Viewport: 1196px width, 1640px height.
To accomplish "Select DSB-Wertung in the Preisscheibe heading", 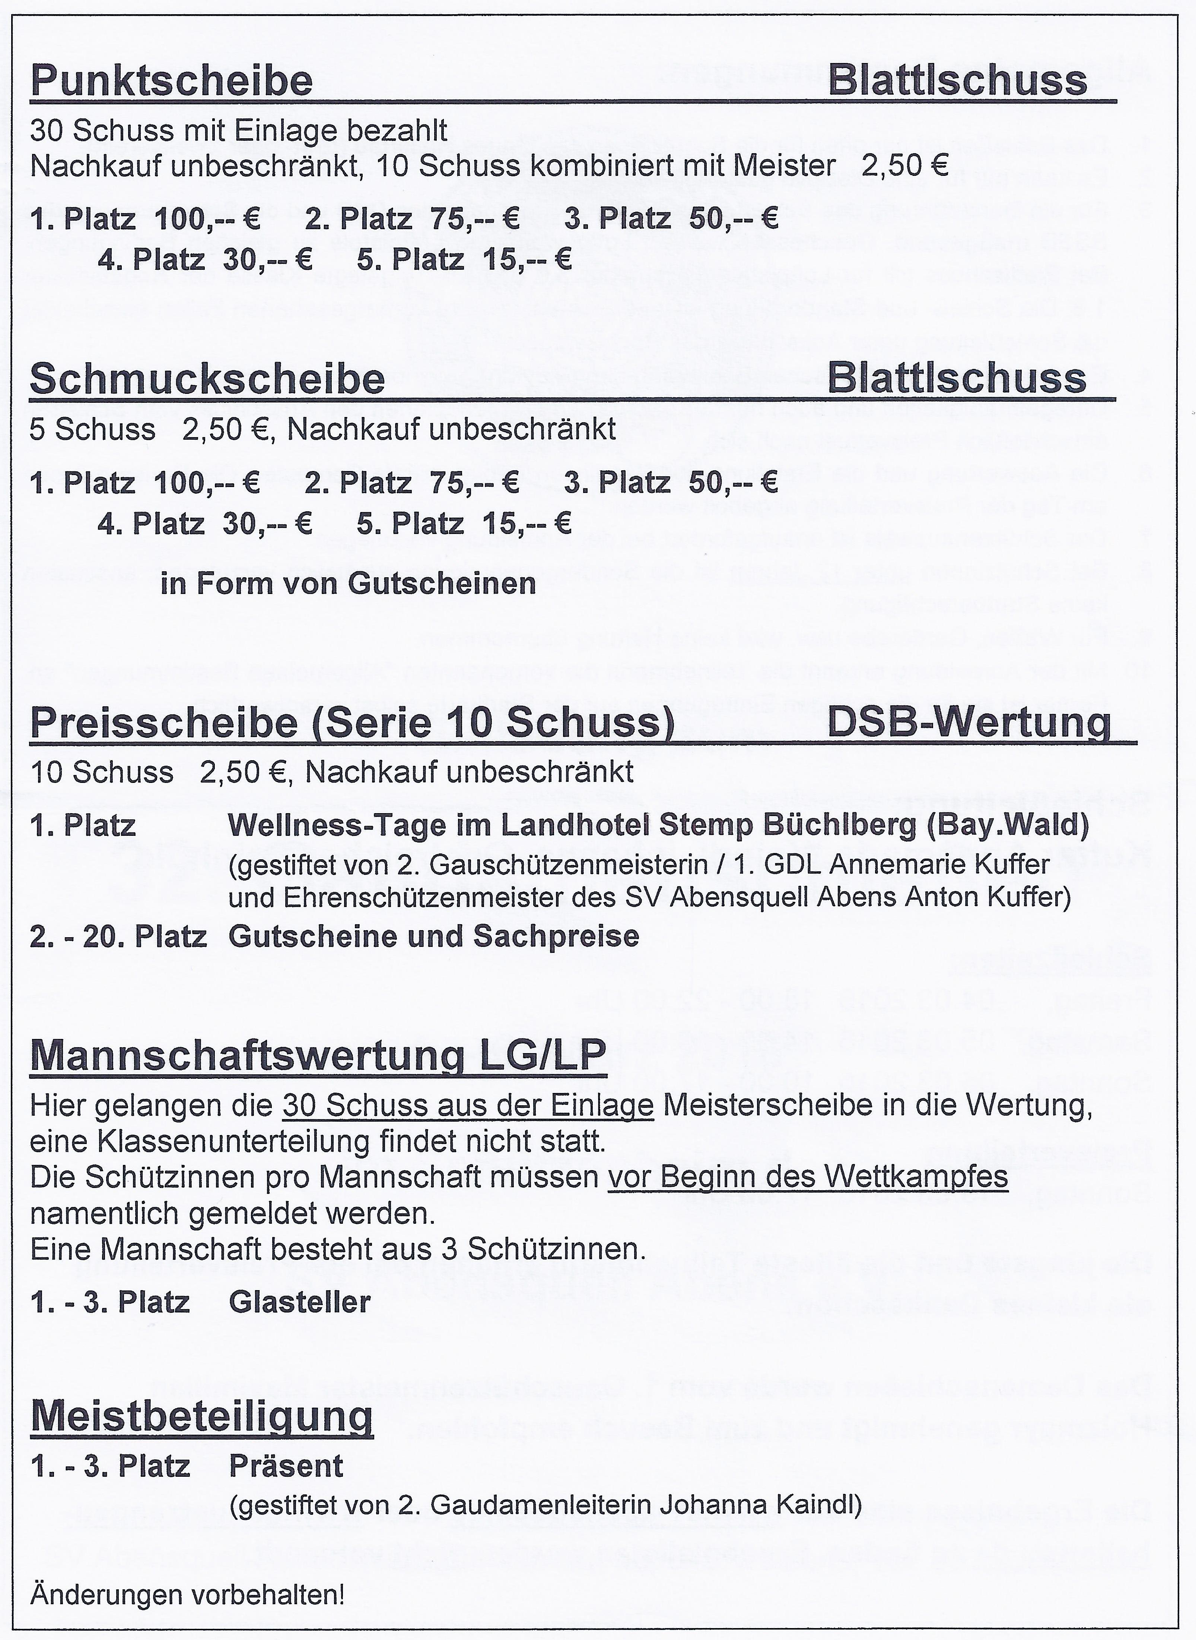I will tap(968, 723).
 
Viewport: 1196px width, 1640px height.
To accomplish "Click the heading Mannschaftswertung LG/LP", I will tap(318, 1056).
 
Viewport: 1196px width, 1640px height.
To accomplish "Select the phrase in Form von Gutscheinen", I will tap(348, 583).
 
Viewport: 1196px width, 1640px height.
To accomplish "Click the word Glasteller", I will tap(299, 1302).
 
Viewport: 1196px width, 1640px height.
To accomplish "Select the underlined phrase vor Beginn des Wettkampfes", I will tap(807, 1177).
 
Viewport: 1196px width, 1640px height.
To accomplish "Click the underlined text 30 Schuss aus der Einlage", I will tap(468, 1106).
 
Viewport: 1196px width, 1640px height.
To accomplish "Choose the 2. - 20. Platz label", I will tap(118, 936).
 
